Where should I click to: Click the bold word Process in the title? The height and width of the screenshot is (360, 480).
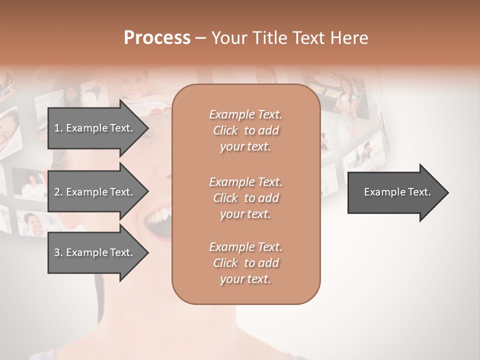click(x=157, y=37)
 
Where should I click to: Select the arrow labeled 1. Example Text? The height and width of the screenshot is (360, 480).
click(x=95, y=128)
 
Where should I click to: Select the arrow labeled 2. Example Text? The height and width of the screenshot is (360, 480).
click(x=95, y=192)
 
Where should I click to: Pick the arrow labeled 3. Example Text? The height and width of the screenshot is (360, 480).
click(x=95, y=252)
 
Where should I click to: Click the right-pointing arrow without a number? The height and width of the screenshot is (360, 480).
click(x=395, y=192)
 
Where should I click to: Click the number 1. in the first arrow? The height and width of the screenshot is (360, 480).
click(x=58, y=128)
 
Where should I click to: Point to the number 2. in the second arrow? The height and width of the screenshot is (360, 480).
click(x=58, y=192)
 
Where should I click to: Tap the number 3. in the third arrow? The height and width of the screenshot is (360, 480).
click(x=58, y=252)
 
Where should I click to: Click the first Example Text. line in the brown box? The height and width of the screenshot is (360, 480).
click(x=245, y=114)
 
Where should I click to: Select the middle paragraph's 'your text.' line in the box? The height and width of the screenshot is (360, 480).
click(x=245, y=214)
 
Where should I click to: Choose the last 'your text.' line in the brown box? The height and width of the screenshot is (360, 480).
click(x=245, y=279)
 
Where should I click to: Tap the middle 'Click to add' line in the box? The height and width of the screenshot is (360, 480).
click(x=245, y=198)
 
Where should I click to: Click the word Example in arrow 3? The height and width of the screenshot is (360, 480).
click(x=85, y=252)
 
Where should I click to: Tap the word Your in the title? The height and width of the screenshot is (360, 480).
click(x=229, y=37)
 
